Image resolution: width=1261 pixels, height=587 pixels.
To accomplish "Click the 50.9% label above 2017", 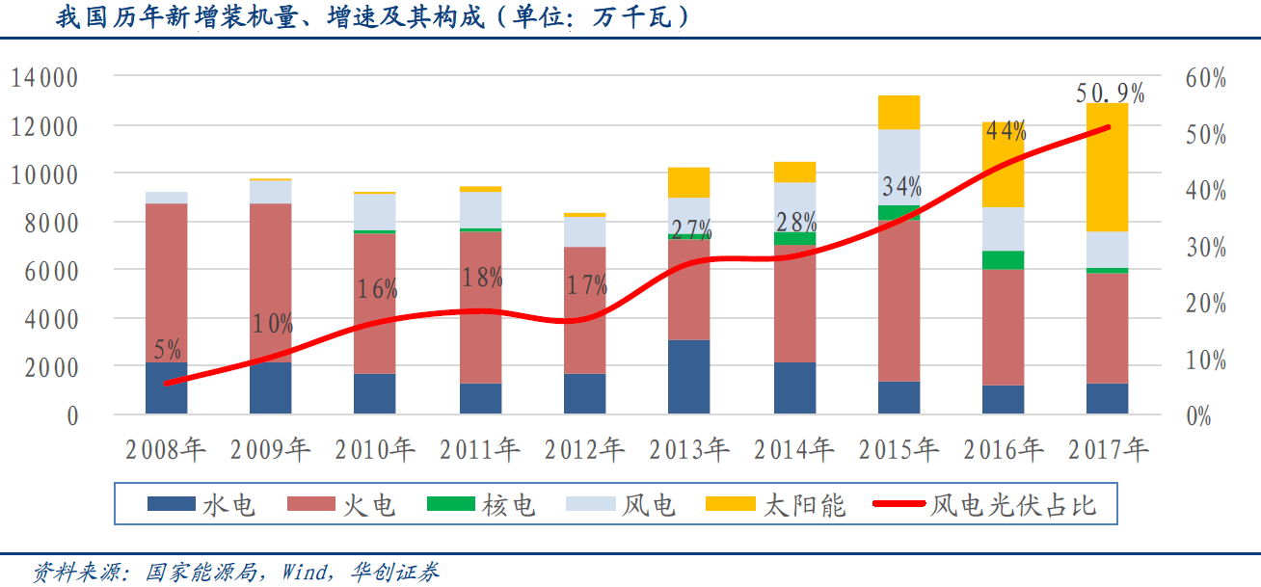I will (x=1110, y=93).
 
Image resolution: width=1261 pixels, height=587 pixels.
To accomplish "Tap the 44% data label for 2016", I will (x=1006, y=131).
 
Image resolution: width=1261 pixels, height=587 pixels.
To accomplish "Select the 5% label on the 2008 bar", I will (x=166, y=350).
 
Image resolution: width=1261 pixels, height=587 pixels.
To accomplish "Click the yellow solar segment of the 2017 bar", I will (x=1107, y=167).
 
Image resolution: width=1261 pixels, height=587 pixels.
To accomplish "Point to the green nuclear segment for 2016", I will (x=1004, y=260).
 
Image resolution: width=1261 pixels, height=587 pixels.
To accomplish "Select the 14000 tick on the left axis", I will (x=58, y=77).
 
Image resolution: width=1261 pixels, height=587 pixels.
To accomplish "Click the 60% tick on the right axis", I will (x=1205, y=78).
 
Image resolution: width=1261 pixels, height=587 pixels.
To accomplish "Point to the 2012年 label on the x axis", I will (x=584, y=449).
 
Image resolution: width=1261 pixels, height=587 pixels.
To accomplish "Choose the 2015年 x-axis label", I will (x=899, y=449).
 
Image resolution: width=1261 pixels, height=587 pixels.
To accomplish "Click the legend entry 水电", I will (x=202, y=505).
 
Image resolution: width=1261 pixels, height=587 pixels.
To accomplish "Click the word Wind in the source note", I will (x=304, y=572).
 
